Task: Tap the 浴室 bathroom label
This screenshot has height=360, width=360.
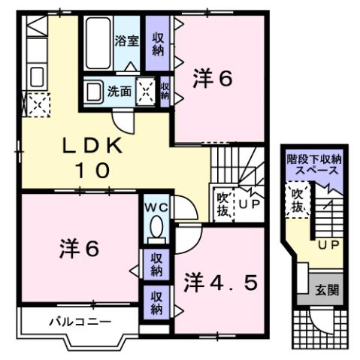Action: coord(126,41)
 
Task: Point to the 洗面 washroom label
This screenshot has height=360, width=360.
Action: coord(119,92)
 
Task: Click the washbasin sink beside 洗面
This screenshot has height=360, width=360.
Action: coord(93,92)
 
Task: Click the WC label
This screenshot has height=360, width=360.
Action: coord(155,205)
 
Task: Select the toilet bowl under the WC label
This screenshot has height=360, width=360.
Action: coord(156,228)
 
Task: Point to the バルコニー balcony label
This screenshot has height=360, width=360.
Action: coord(80,322)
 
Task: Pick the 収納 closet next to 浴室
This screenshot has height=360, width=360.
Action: coord(158,44)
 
